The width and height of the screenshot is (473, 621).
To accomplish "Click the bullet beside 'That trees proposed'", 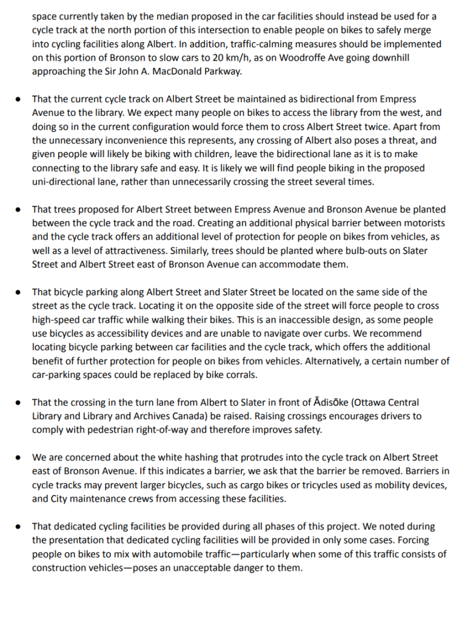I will tap(20, 209).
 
